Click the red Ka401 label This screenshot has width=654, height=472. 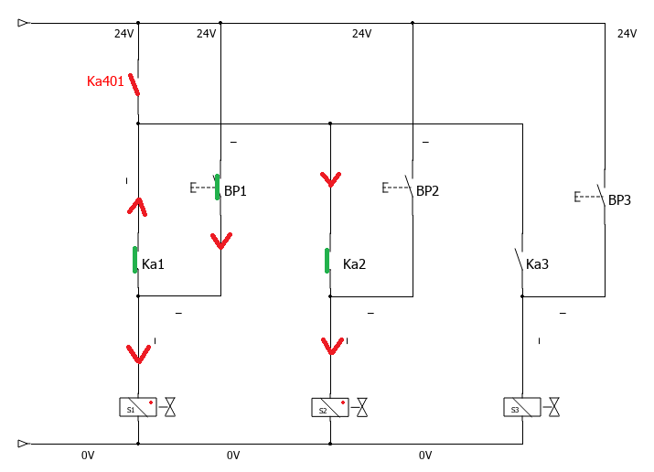coord(105,81)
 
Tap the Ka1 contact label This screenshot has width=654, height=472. coord(153,265)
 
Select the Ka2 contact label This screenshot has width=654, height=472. coord(354,265)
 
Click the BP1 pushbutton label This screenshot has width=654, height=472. coord(235,192)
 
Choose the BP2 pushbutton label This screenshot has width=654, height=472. coord(428,191)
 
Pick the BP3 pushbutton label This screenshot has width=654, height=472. coord(619,199)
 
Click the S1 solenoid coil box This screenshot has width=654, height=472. coord(137,408)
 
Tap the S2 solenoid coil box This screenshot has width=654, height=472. coord(329,408)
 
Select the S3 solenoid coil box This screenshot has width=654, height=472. coord(521,408)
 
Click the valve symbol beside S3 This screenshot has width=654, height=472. coord(554,408)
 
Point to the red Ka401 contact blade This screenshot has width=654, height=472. coord(134,85)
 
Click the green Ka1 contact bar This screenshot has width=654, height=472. coord(135,260)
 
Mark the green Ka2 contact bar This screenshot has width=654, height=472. coord(327,261)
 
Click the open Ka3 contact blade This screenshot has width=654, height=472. coord(518,261)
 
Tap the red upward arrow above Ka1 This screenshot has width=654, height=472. coord(137,206)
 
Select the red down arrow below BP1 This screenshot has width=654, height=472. coord(221,241)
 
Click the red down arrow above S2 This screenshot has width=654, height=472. coord(331,347)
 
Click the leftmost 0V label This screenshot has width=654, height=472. coord(88,455)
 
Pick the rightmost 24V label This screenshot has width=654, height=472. coord(626,34)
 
